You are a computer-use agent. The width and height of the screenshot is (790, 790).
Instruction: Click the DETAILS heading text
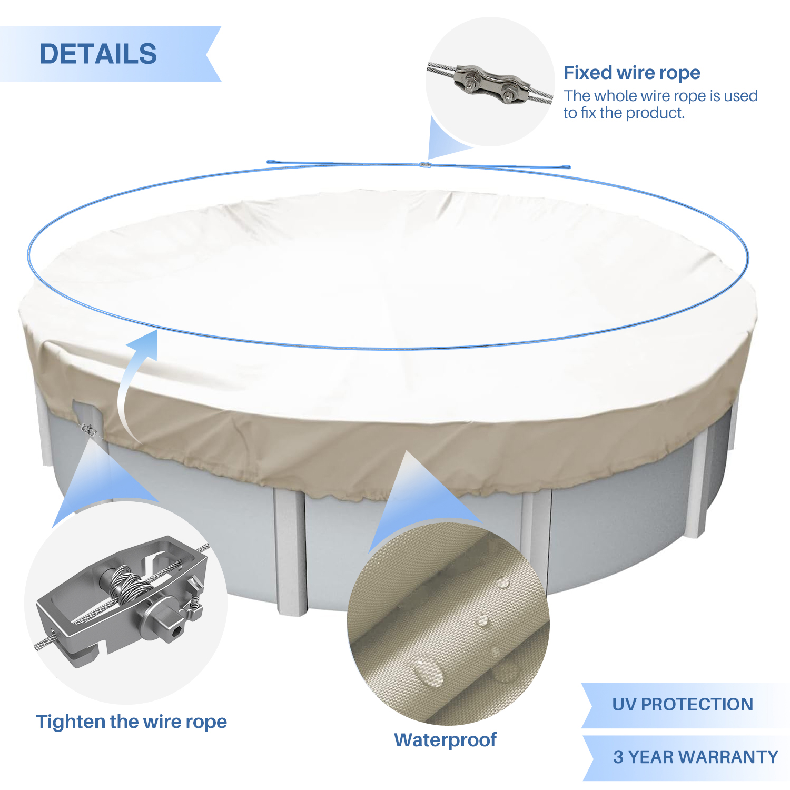[98, 54]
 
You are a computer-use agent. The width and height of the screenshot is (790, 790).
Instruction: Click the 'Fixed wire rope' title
[632, 73]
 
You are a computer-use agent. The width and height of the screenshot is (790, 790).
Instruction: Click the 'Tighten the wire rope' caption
[131, 722]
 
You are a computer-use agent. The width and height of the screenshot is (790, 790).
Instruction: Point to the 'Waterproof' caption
[445, 740]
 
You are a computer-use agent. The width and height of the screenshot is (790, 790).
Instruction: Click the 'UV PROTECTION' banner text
[683, 704]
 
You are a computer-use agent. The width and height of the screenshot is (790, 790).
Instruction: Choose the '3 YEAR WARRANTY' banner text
[696, 757]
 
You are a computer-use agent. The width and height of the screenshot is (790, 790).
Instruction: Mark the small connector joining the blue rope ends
[425, 165]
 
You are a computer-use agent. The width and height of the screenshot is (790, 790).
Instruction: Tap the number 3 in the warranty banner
[618, 757]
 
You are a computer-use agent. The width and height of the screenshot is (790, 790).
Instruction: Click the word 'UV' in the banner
[624, 704]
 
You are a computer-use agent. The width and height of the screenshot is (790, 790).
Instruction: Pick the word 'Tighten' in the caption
[70, 722]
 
